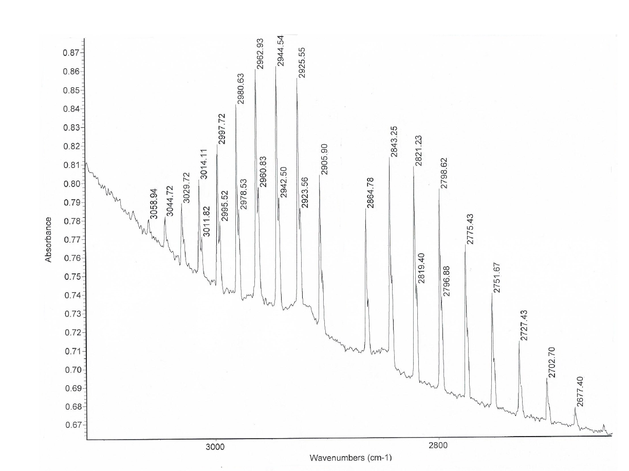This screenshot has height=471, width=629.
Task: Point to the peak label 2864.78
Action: point(370,193)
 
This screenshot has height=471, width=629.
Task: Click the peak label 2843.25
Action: point(394,142)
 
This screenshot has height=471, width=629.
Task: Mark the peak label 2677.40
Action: point(580,391)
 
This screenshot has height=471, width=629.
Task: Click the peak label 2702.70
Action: point(551,363)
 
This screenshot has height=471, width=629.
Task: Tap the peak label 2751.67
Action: point(497,277)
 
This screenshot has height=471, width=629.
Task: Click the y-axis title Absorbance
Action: point(49,239)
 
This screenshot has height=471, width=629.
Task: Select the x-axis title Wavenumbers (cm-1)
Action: point(350,457)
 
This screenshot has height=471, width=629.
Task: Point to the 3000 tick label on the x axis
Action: point(215,446)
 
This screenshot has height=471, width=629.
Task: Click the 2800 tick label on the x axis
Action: point(439,446)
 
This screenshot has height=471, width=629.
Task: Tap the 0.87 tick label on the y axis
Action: point(71,53)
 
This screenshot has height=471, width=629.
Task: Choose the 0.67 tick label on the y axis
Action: point(71,425)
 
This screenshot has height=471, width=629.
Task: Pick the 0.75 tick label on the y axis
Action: point(71,276)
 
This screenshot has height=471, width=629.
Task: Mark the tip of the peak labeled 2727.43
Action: point(519,341)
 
